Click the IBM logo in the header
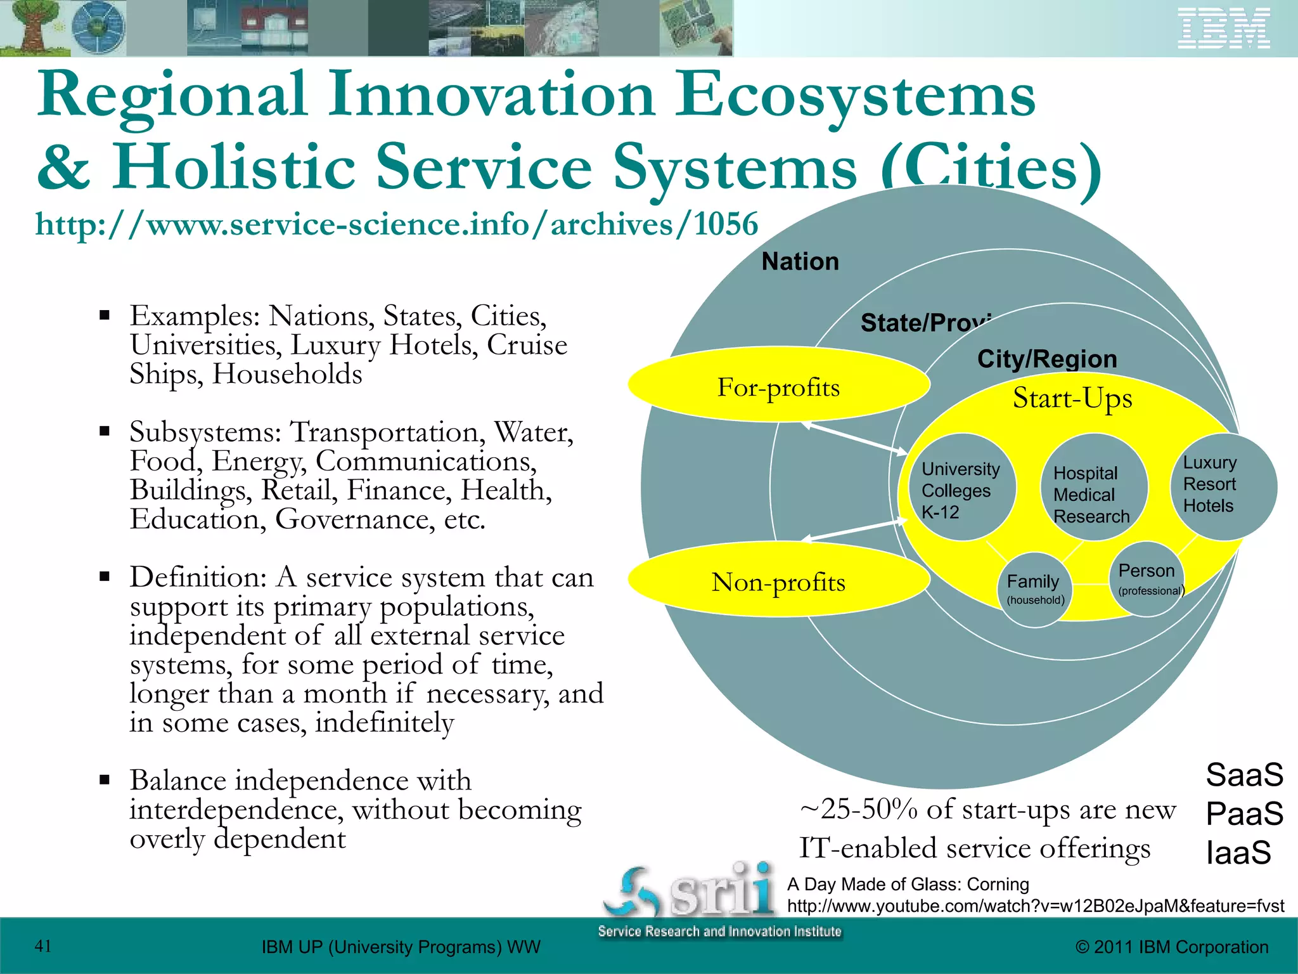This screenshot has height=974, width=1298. pos(1223,29)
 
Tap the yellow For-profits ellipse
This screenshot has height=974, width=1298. pos(778,385)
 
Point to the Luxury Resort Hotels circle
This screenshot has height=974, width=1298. pos(1222,486)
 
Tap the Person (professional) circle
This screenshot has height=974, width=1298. pos(1147,579)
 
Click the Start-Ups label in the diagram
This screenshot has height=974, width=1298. pos(1072,398)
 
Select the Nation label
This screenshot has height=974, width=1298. pos(800,261)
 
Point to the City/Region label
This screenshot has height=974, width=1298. pos(1046,359)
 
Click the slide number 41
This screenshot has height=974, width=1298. pos(43,946)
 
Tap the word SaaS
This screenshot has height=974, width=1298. pos(1243,775)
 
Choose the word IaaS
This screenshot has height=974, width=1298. pos(1238,852)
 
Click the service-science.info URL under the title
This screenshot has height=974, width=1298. pos(396,224)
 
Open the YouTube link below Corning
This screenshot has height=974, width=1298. pos(1035,906)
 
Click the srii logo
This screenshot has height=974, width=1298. pos(691,891)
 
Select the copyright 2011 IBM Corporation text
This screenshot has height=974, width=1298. pos(1171,947)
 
